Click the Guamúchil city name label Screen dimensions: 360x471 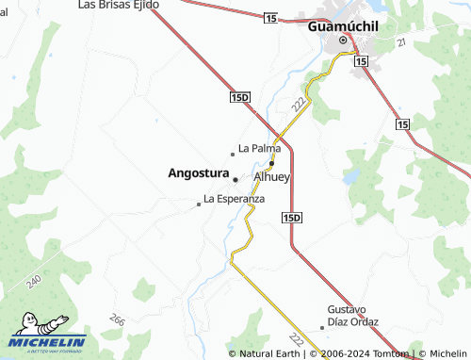pos(343,26)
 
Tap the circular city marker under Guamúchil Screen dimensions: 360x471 pos(344,41)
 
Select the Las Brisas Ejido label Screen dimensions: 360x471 pos(118,5)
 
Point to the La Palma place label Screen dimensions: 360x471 pos(259,148)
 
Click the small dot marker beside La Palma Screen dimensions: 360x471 pos(233,154)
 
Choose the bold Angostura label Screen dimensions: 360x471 pos(198,173)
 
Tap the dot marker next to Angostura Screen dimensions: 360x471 pos(235,179)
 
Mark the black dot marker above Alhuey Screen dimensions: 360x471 pos(271,163)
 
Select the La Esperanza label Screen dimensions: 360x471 pos(234,199)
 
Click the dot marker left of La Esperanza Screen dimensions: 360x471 pos(198,204)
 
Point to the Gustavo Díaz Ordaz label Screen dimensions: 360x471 pos(353,315)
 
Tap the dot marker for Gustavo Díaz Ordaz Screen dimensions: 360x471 pos(322,327)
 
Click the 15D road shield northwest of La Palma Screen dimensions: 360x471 pos(240,97)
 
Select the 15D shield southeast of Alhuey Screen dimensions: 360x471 pos(292,218)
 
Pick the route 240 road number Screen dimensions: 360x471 pos(35,281)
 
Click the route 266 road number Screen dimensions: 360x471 pos(117,321)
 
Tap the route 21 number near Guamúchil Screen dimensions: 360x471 pos(400,43)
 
